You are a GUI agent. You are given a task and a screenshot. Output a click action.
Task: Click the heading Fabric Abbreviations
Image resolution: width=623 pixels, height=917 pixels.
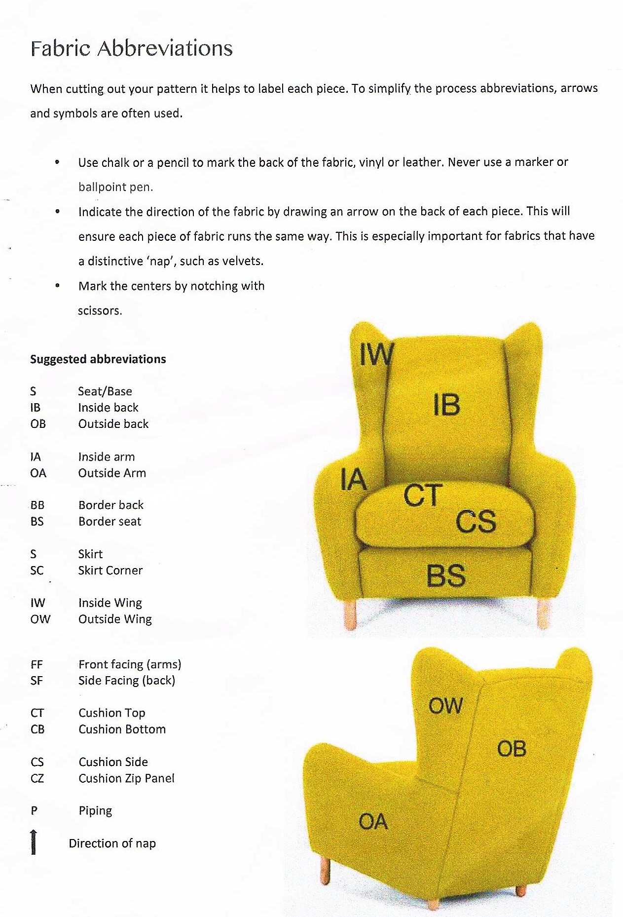(x=131, y=48)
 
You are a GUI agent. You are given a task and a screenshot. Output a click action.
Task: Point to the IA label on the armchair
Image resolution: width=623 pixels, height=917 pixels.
(x=353, y=480)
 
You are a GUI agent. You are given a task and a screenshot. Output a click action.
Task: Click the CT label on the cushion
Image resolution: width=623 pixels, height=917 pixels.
(x=423, y=496)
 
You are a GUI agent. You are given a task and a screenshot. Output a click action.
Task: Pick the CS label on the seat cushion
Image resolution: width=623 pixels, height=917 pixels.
(x=476, y=522)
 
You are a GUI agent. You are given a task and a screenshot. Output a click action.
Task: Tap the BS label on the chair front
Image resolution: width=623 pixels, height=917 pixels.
(x=446, y=575)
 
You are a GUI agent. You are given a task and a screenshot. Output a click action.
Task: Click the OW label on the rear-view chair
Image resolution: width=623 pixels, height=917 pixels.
(x=445, y=706)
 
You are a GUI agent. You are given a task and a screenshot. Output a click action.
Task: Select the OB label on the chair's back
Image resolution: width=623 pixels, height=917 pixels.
(x=512, y=749)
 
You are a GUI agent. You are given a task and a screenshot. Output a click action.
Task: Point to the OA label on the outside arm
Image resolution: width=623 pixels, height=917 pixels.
(x=373, y=822)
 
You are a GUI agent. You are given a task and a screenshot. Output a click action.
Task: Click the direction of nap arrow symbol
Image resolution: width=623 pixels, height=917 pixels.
(x=34, y=842)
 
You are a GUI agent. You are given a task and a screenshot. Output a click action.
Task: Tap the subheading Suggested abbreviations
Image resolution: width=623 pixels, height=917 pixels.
(x=98, y=359)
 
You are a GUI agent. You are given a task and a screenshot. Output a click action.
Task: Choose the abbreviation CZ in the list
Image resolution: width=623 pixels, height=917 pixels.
(x=37, y=778)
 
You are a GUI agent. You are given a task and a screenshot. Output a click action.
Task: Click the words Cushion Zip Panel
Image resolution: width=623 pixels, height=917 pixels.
(x=126, y=778)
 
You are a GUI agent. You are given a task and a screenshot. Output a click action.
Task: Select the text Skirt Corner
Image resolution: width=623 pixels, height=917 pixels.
(x=110, y=570)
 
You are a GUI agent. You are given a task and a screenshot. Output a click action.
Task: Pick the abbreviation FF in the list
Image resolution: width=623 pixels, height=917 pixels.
(x=37, y=664)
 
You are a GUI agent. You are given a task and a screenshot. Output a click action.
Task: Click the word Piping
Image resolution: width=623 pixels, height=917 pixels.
(x=95, y=811)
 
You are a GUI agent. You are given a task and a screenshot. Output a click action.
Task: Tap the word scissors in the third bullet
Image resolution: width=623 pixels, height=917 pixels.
(x=99, y=311)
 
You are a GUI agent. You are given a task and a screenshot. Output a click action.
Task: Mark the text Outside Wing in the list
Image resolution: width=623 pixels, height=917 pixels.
(x=115, y=619)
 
